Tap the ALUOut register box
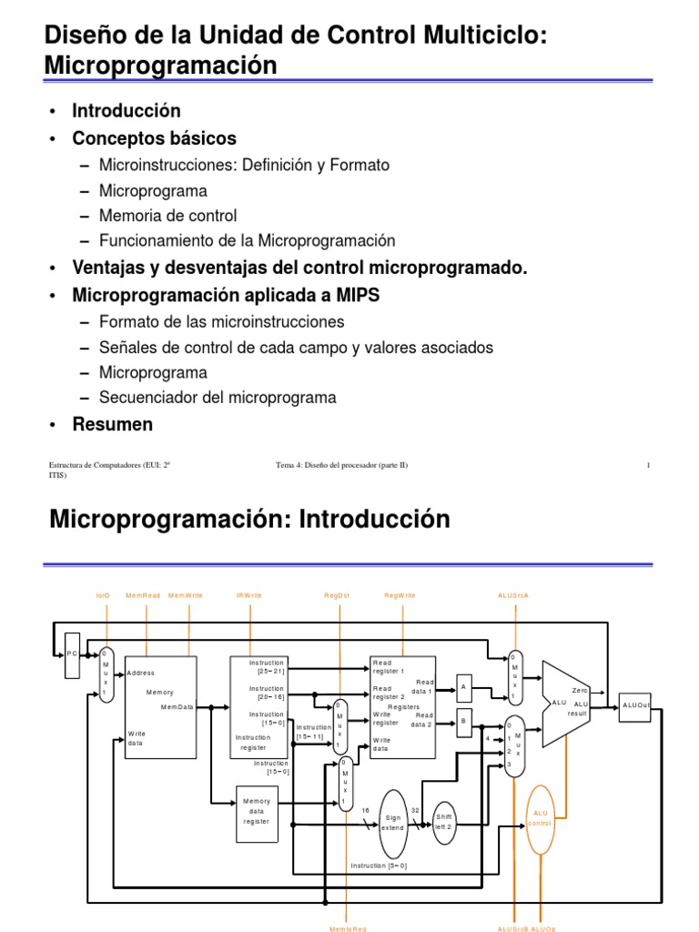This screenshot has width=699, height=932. [635, 704]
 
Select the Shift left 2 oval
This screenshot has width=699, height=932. [443, 821]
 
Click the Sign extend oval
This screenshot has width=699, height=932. [392, 822]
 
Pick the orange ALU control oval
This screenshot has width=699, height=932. [540, 816]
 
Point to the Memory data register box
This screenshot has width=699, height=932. [256, 811]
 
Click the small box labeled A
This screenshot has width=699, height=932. [463, 687]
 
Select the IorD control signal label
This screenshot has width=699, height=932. [103, 595]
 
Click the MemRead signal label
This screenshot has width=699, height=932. [143, 595]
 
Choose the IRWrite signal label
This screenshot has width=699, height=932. [249, 595]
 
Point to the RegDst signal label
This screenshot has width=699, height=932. [337, 595]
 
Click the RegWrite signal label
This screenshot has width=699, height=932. [400, 595]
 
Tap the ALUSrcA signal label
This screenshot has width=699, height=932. [513, 595]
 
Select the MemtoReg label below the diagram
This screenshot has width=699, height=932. [347, 928]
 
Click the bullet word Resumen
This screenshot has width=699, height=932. [113, 425]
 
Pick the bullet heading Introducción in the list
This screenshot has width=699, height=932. [127, 111]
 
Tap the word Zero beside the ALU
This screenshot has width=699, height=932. [580, 691]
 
